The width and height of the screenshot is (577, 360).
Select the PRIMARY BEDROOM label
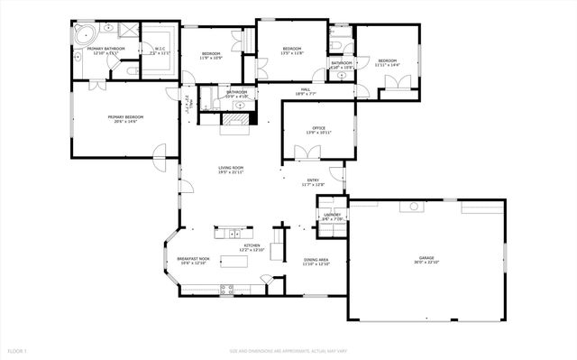125,118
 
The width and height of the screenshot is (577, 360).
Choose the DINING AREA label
316,261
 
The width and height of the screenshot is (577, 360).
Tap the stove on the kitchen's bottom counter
227,289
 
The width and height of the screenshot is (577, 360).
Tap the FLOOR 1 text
18,349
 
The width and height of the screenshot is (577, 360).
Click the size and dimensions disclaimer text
288,349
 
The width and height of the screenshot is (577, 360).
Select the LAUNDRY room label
333,216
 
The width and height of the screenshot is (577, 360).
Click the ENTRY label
313,181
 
